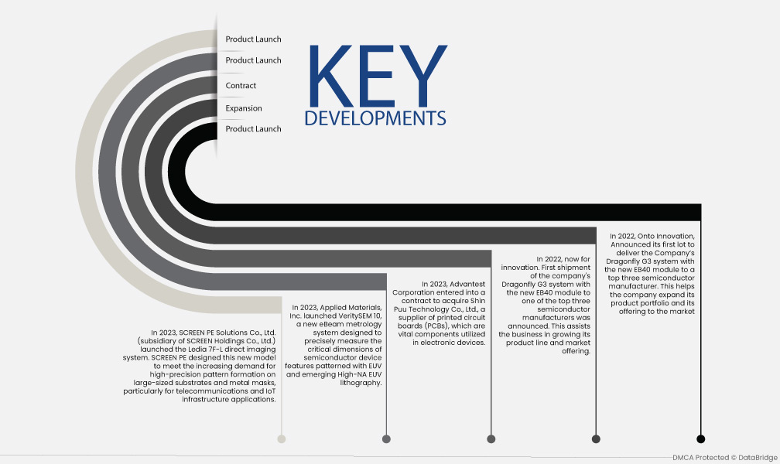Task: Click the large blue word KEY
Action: (378, 76)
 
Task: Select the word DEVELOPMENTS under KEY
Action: (375, 118)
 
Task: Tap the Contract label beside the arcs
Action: (241, 86)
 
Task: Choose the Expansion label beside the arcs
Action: (244, 108)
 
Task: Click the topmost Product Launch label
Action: (253, 39)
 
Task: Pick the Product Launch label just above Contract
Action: (253, 60)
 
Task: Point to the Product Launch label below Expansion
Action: (253, 129)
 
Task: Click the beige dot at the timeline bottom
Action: (282, 438)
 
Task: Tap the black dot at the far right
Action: (701, 438)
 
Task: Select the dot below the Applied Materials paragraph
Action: (387, 438)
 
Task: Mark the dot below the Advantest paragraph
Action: (491, 438)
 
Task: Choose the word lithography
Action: (361, 383)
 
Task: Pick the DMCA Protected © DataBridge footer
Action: (725, 458)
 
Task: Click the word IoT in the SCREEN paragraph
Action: (271, 391)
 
